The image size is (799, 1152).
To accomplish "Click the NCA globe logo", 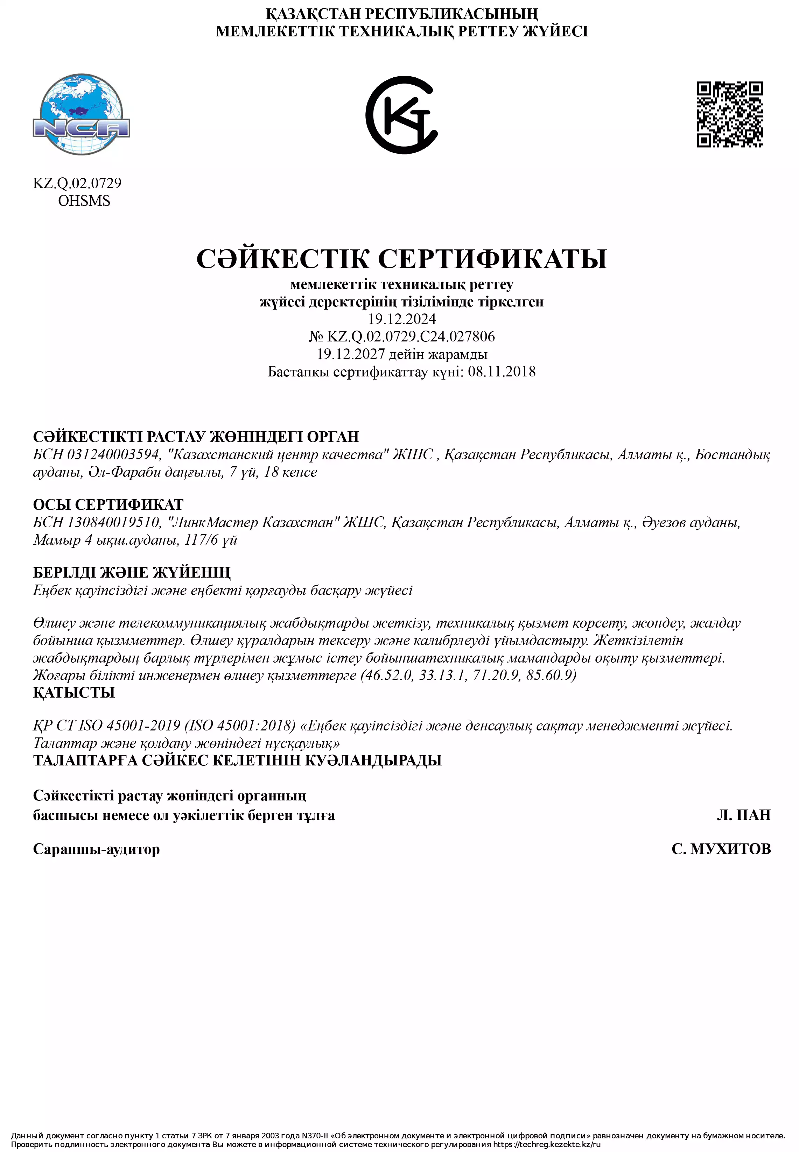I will coord(81,115).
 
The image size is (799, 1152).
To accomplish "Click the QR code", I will coord(730,115).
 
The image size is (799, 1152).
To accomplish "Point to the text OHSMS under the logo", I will coord(84,201).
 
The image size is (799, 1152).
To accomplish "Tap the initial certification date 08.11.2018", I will coord(502,372).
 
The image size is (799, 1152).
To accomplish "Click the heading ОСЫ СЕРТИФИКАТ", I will coord(108,504).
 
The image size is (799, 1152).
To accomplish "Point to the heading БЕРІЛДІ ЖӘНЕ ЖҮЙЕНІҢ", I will coord(132,572).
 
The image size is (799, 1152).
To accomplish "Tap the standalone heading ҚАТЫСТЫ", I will coord(73,693).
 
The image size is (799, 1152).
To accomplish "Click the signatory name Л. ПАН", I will coord(743,815).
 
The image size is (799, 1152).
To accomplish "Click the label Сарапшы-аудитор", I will coord(96,849).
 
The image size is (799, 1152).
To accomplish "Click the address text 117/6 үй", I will coord(211,540).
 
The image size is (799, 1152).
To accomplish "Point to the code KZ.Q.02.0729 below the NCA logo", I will coord(77,183).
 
